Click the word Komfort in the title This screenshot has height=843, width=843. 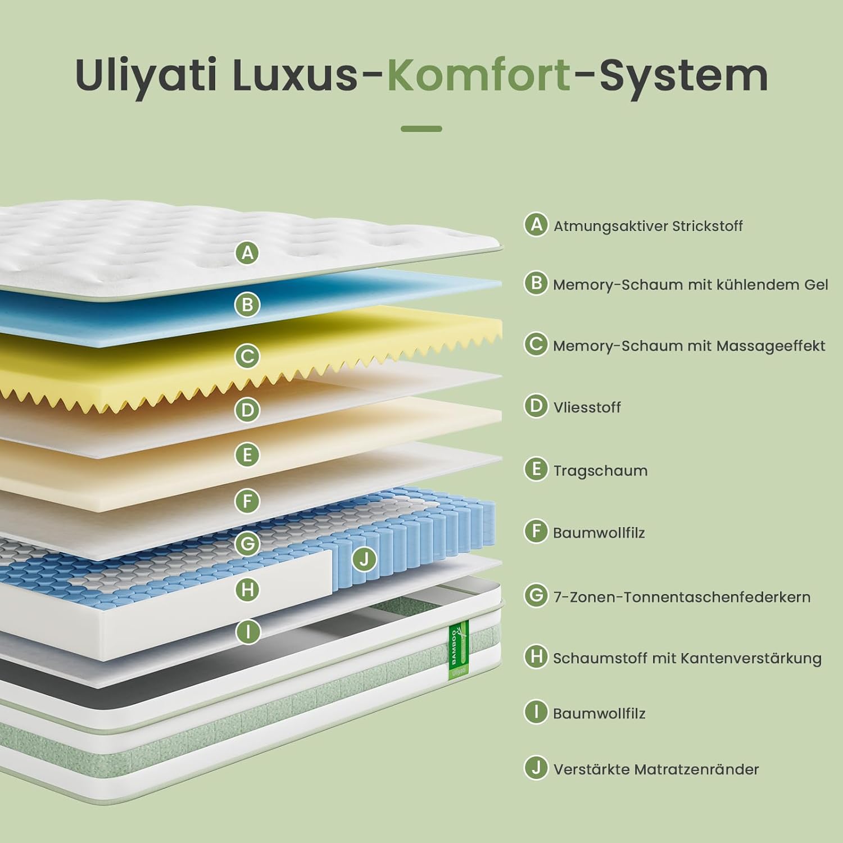pyautogui.click(x=479, y=75)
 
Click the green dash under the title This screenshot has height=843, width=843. pyautogui.click(x=422, y=129)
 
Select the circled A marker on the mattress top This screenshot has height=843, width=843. pyautogui.click(x=247, y=253)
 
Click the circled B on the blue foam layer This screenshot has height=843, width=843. pyautogui.click(x=247, y=305)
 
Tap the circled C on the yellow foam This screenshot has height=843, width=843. pyautogui.click(x=247, y=356)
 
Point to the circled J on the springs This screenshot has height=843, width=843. pyautogui.click(x=364, y=559)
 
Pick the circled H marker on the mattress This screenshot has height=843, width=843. pyautogui.click(x=247, y=590)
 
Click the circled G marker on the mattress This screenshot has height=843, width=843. pyautogui.click(x=247, y=543)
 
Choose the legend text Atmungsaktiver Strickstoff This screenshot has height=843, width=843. pyautogui.click(x=648, y=226)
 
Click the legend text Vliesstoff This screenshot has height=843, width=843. pyautogui.click(x=587, y=407)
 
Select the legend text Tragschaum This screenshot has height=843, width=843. pyautogui.click(x=600, y=470)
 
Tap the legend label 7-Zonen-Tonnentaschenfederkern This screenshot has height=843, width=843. pyautogui.click(x=682, y=597)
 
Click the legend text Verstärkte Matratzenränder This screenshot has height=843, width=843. pyautogui.click(x=656, y=769)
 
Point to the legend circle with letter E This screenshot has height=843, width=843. pyautogui.click(x=536, y=469)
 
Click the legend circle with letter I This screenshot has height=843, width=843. pyautogui.click(x=536, y=712)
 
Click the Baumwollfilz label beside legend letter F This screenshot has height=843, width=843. pyautogui.click(x=599, y=533)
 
